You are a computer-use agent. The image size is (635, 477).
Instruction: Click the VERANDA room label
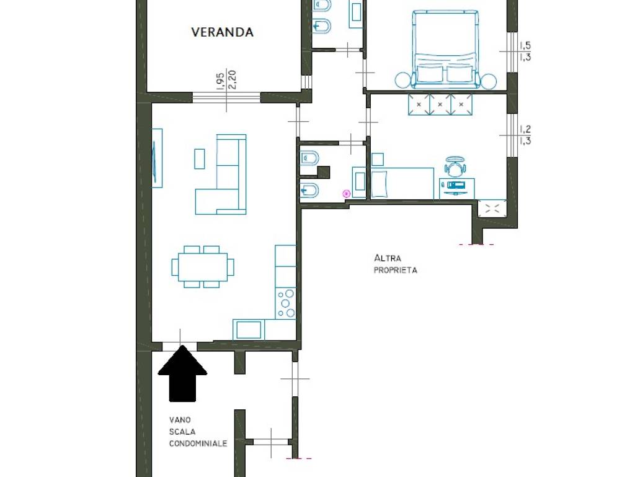(x=222, y=32)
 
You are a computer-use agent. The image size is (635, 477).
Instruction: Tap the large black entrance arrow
(x=182, y=375)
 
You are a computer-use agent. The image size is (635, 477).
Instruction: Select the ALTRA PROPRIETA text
(x=396, y=264)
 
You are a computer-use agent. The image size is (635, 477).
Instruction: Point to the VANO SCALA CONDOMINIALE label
(x=198, y=432)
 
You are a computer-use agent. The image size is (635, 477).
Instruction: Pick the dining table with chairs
(x=203, y=267)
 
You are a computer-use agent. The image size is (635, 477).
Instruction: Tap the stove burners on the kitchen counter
(x=286, y=303)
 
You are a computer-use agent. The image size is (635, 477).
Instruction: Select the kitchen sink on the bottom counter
(x=249, y=329)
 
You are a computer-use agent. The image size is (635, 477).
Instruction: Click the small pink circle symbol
(x=347, y=194)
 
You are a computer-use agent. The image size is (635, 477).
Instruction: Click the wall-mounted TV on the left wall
(x=157, y=158)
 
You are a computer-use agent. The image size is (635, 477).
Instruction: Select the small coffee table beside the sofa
(x=200, y=158)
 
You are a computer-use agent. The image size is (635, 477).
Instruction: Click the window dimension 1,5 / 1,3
(x=525, y=51)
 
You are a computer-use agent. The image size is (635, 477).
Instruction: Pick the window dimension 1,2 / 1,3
(x=525, y=135)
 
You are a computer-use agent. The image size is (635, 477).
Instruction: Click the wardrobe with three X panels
(x=440, y=104)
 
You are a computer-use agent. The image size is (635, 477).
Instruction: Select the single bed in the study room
(x=401, y=183)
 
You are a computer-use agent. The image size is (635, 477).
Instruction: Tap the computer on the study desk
(x=456, y=186)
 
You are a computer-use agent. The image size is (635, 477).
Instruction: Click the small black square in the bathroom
(x=322, y=171)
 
